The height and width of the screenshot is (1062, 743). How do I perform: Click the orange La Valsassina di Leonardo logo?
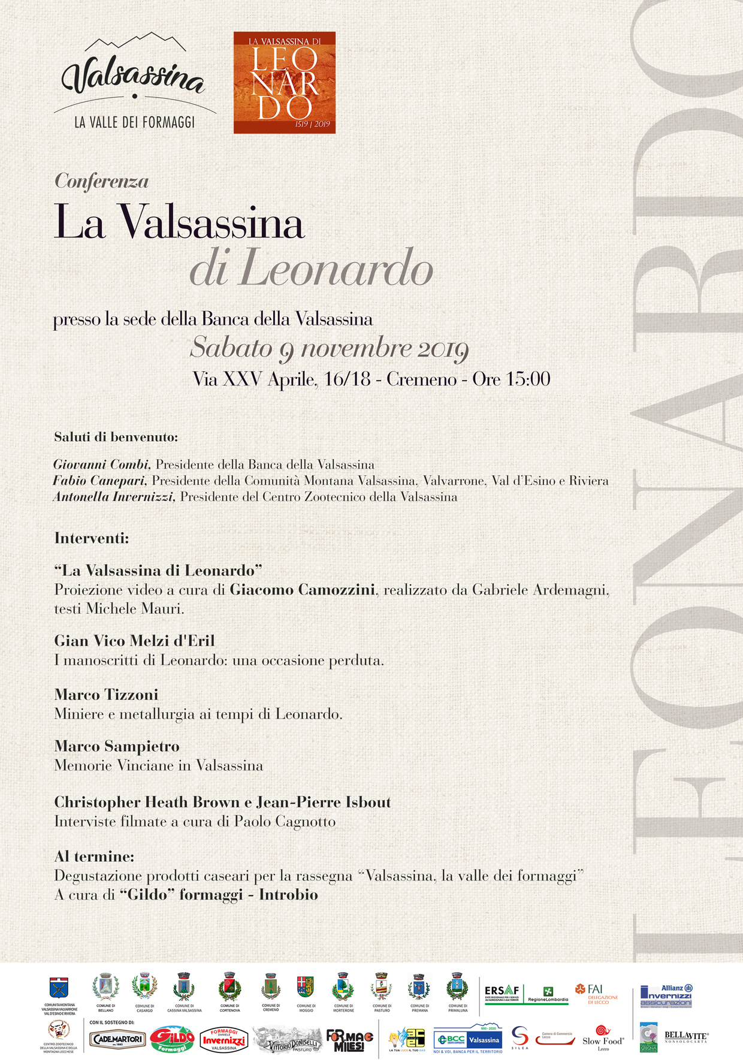[x=285, y=82]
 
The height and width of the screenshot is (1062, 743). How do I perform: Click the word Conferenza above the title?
[x=101, y=181]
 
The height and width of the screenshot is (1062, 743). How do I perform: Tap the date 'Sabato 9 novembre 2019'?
[x=329, y=348]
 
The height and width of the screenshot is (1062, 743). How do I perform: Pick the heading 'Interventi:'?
[x=92, y=538]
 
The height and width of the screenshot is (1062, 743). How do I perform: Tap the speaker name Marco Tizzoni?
[x=106, y=695]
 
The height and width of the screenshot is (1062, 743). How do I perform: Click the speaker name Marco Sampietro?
[x=117, y=746]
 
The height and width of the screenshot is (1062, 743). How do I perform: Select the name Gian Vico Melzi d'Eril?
[x=134, y=641]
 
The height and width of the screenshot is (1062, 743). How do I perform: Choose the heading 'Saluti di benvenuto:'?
[x=116, y=437]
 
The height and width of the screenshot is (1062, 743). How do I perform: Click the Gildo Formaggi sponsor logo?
[x=172, y=1040]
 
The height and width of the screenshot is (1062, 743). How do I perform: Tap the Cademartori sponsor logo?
[x=117, y=1039]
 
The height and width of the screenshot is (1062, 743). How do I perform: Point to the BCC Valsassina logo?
[x=468, y=1039]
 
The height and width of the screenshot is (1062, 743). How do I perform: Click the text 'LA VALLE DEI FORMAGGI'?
[x=134, y=122]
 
